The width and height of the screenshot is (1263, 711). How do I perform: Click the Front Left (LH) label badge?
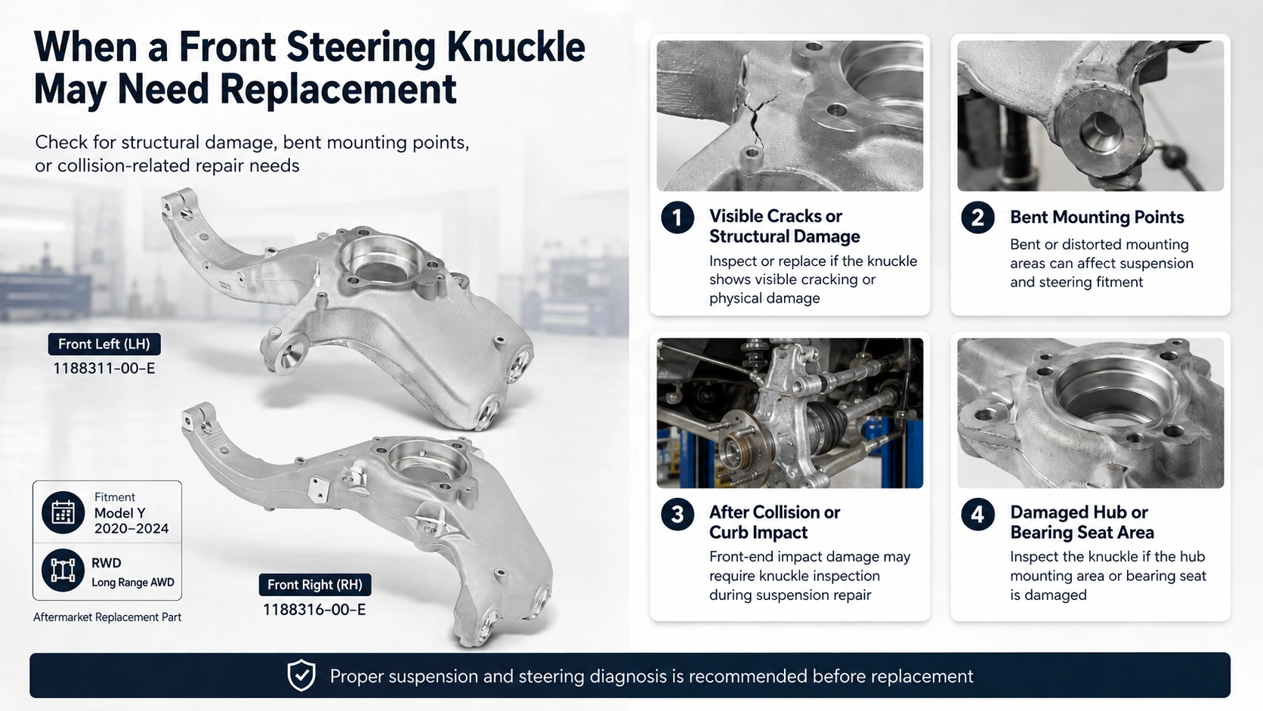click(x=104, y=344)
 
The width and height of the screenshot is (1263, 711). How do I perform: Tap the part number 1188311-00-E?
click(x=103, y=369)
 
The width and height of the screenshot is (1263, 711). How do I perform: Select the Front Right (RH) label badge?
click(x=315, y=585)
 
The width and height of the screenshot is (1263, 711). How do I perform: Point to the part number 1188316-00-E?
click(x=315, y=610)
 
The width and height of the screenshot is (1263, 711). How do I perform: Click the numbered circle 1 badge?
click(x=678, y=218)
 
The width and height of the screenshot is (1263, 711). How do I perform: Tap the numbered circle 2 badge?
click(x=978, y=218)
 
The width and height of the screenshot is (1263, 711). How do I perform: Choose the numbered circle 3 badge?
click(x=678, y=515)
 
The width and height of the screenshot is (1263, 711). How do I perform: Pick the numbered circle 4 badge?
click(x=978, y=515)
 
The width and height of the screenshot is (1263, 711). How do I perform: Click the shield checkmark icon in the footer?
click(x=301, y=675)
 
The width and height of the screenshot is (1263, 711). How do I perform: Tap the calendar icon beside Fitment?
click(x=63, y=512)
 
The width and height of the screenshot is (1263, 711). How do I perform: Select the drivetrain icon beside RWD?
click(x=63, y=570)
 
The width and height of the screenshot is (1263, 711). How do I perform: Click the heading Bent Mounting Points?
click(x=1097, y=217)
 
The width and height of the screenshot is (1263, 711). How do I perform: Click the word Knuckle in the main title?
click(x=515, y=48)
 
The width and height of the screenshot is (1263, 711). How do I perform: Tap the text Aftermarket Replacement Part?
click(x=107, y=617)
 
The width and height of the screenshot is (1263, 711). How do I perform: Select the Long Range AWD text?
click(x=133, y=583)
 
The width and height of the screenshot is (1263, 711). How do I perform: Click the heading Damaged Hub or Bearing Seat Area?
click(x=1082, y=522)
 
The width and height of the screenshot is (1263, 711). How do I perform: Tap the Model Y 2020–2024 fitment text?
click(x=131, y=521)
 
